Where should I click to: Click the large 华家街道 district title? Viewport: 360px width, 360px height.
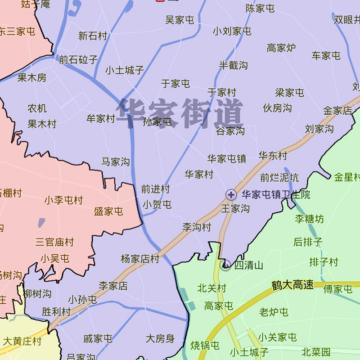pos(180,112)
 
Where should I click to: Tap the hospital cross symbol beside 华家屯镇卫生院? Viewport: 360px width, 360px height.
pos(231,195)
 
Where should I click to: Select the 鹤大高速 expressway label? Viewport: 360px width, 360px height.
pos(292,285)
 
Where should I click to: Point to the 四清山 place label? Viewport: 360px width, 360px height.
pos(249,265)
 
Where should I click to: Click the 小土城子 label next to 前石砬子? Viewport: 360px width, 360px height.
pos(125,70)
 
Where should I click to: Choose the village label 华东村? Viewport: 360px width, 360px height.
pos(273,156)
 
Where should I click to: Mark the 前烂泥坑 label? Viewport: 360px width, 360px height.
pos(279,178)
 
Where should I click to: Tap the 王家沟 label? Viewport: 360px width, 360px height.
pos(235,208)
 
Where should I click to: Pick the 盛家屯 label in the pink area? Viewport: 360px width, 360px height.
pos(108,211)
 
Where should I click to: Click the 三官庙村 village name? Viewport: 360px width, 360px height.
pos(55,242)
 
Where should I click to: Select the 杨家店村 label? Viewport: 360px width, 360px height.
pos(140,259)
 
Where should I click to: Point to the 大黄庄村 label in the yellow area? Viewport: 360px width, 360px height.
pos(22,341)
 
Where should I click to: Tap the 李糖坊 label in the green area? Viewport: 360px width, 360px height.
pos(309,219)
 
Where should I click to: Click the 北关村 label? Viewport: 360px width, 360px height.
pos(211,288)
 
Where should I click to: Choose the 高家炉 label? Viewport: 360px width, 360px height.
pos(281,48)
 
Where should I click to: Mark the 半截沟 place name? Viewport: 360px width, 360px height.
pos(234,65)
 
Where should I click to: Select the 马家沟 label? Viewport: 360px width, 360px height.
pos(116,162)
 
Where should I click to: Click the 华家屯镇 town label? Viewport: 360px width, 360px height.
pos(227,158)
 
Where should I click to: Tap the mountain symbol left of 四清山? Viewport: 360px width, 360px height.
pos(226,265)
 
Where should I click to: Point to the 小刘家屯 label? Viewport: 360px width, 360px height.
pos(232,31)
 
